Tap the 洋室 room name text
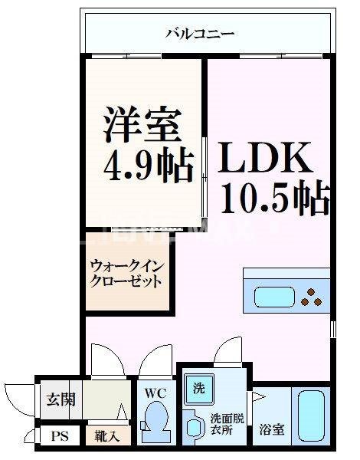[x=142, y=125]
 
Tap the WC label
[x=156, y=393]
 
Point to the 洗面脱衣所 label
[x=226, y=423]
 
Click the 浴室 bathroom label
[x=271, y=429]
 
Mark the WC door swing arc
[x=157, y=360]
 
